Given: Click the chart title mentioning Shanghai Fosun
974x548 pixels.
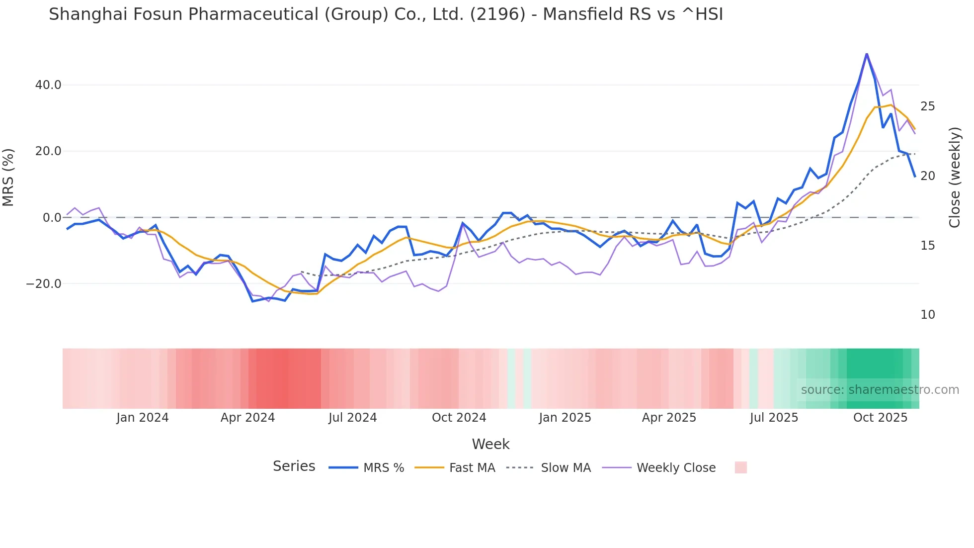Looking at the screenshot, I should click(x=386, y=14).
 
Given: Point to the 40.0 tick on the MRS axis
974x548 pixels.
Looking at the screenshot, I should click(x=48, y=85).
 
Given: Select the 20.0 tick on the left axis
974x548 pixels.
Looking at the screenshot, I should click(x=48, y=151).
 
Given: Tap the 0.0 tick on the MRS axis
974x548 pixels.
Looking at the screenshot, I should click(x=52, y=218).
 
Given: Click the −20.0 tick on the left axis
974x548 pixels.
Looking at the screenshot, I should click(x=44, y=284).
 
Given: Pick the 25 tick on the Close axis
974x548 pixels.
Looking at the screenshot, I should click(x=928, y=106).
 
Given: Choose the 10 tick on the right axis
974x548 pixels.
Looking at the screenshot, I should click(x=928, y=315).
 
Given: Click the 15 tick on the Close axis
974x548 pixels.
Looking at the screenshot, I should click(x=928, y=246).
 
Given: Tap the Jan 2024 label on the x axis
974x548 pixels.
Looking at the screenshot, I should click(x=143, y=418).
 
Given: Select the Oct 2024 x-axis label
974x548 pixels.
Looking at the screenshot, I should click(x=459, y=418).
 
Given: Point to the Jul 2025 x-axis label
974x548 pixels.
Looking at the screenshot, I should click(x=774, y=418).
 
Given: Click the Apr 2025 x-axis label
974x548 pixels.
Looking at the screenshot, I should click(x=669, y=418).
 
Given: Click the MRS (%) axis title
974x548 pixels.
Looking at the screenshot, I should click(x=8, y=178).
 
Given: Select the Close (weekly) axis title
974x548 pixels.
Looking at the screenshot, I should click(x=955, y=178).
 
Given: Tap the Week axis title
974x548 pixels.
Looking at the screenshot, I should click(x=490, y=444).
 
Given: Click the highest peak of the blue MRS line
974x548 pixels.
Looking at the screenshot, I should click(x=867, y=54).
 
